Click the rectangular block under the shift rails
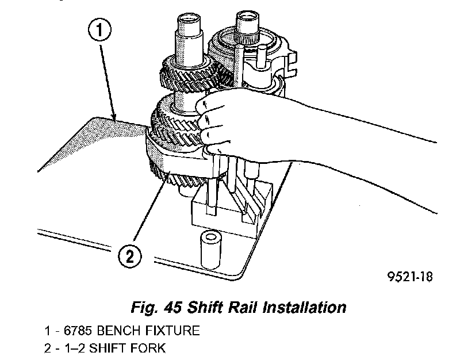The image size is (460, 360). coord(230,204)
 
